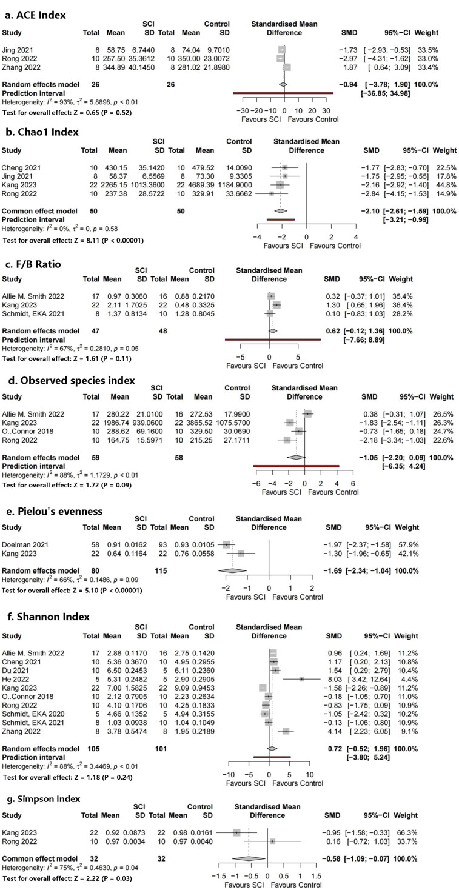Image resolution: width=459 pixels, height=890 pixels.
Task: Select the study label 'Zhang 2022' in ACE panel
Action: pos(21,67)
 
